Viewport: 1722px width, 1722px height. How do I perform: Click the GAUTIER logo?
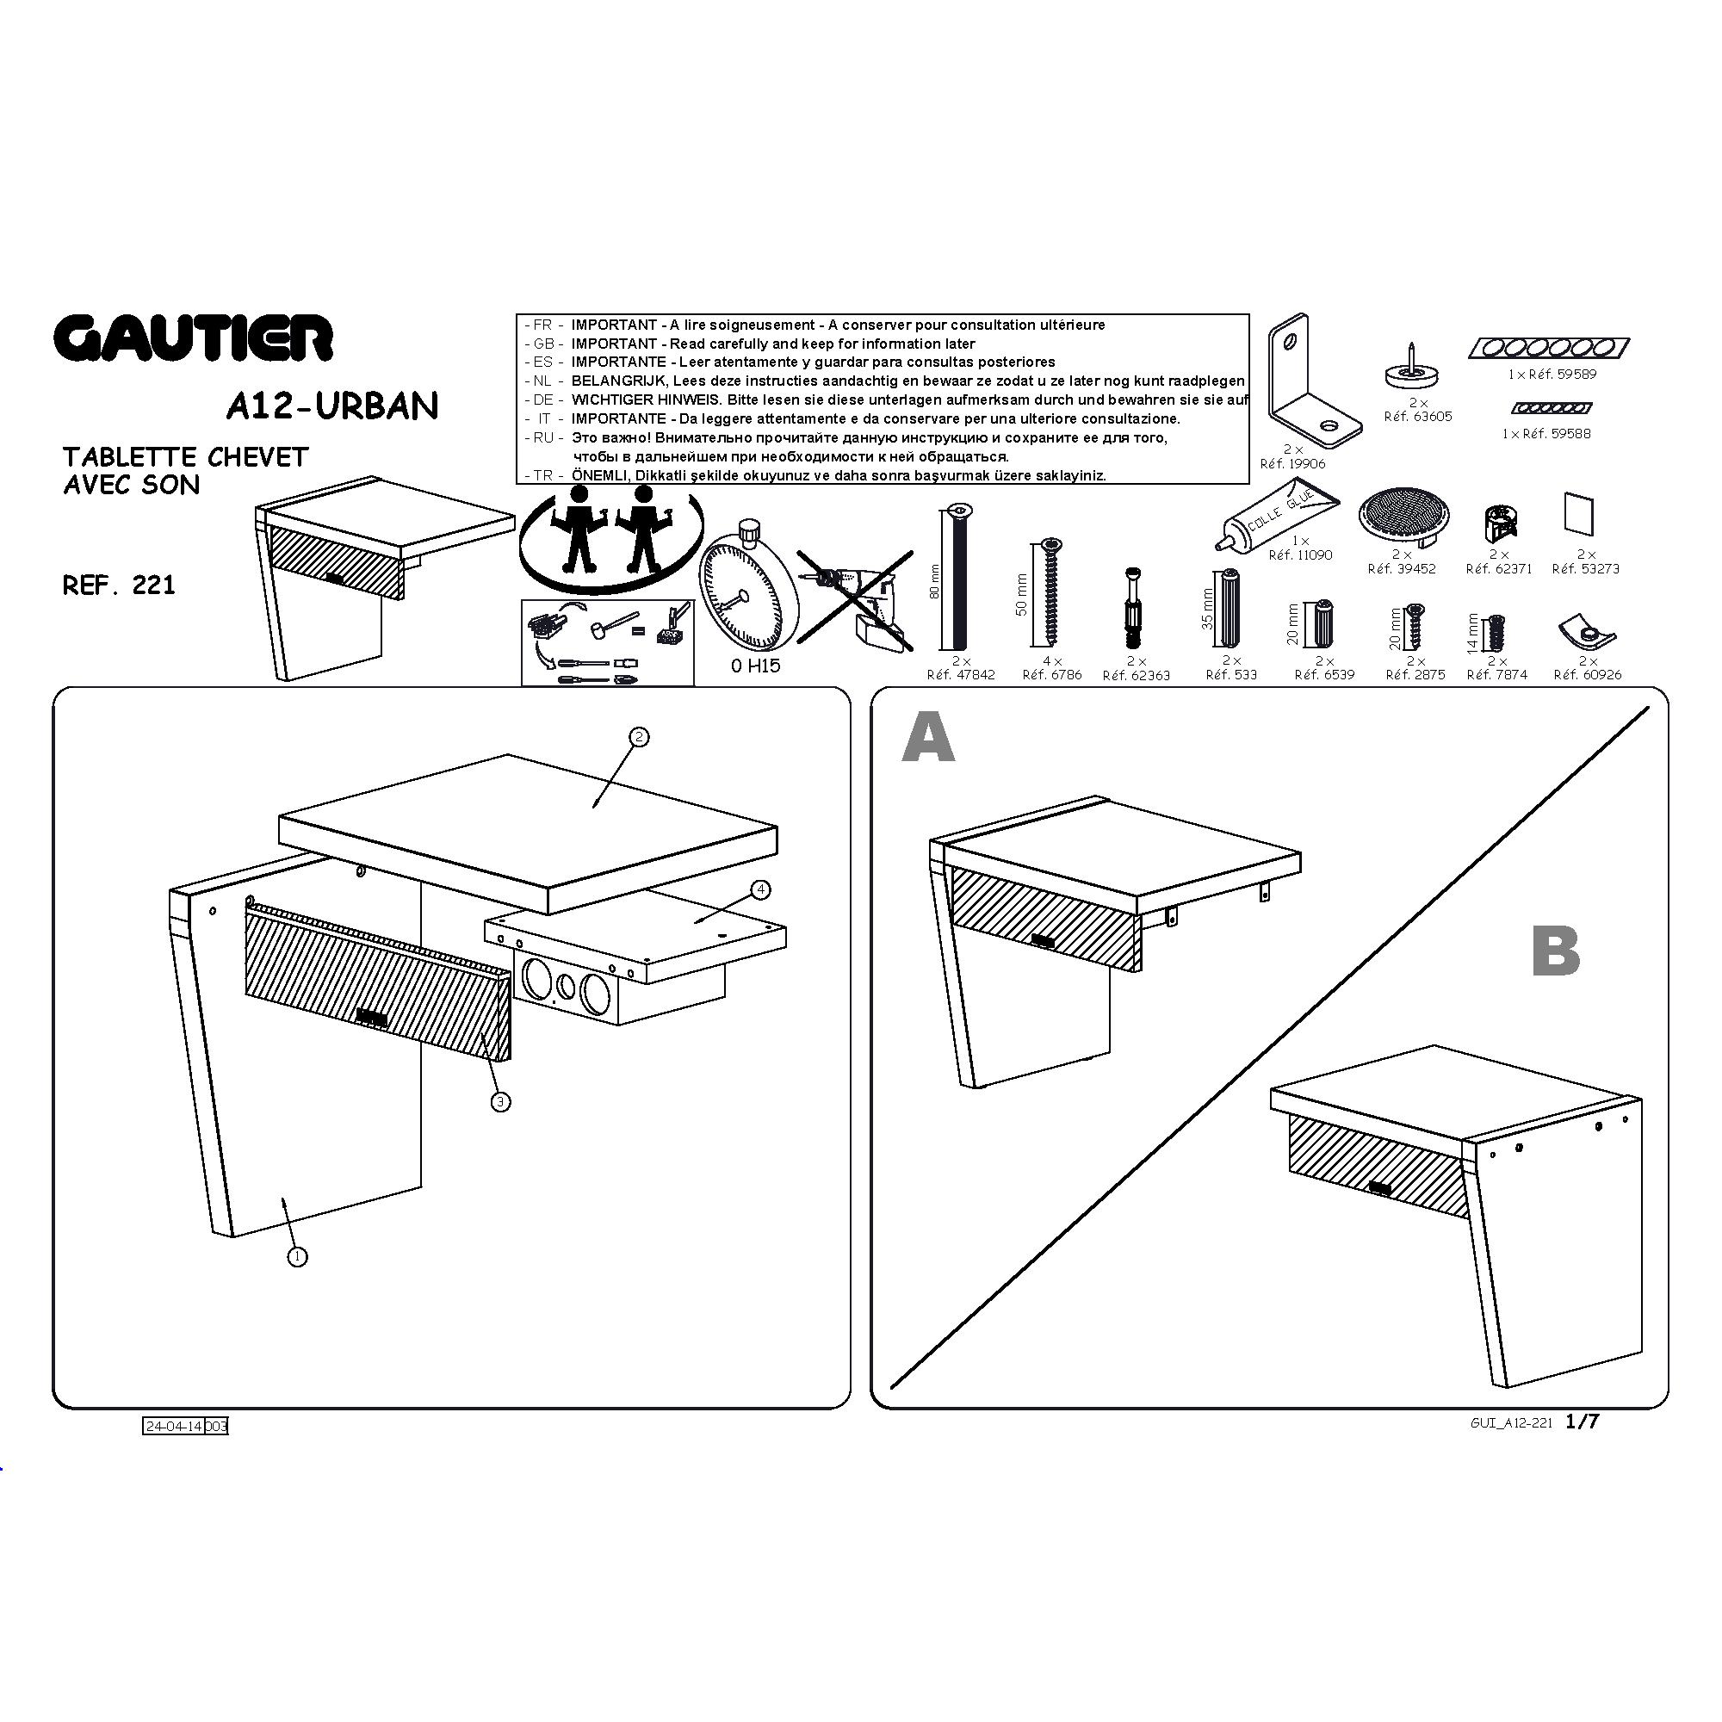click(194, 338)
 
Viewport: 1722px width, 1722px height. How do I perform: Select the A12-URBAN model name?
click(332, 406)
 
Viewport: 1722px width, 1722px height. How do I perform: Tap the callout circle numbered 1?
click(297, 1257)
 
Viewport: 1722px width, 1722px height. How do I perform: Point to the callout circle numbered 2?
click(638, 737)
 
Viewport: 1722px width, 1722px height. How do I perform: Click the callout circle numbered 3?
click(501, 1103)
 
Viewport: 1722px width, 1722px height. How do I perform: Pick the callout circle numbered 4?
click(760, 889)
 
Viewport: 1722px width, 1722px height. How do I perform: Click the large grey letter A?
click(928, 740)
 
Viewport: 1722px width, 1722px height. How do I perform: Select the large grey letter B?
click(1555, 951)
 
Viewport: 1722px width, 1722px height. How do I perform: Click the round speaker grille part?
click(1403, 517)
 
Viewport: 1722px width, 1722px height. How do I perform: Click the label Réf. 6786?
click(1052, 675)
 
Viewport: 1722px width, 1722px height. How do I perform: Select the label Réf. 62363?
click(1137, 676)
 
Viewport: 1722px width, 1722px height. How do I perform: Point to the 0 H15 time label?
click(755, 666)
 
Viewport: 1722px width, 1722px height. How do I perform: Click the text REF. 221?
click(119, 585)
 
